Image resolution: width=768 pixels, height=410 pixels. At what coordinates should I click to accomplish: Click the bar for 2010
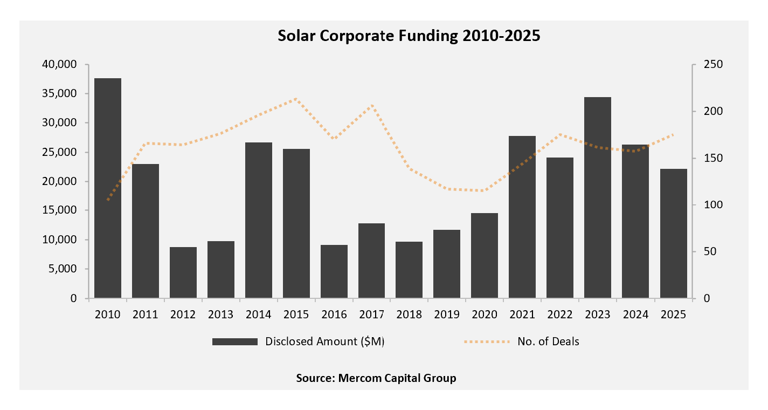point(108,188)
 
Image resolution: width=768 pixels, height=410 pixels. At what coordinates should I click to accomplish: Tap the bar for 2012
point(183,272)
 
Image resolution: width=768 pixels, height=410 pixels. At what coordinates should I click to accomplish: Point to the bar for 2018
point(409,270)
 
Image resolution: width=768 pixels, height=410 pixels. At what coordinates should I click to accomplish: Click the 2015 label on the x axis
point(296,315)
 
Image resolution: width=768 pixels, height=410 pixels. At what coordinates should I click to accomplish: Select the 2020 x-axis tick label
point(485,315)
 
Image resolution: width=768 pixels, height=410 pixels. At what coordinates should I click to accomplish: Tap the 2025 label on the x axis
point(673,315)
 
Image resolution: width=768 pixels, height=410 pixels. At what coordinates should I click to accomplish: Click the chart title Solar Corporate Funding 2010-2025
point(409,36)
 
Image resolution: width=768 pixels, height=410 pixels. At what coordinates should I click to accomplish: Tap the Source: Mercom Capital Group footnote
point(376,378)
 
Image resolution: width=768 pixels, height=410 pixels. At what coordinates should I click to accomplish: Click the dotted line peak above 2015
point(296,99)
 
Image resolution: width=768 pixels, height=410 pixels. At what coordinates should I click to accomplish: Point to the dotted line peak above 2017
point(372,105)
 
